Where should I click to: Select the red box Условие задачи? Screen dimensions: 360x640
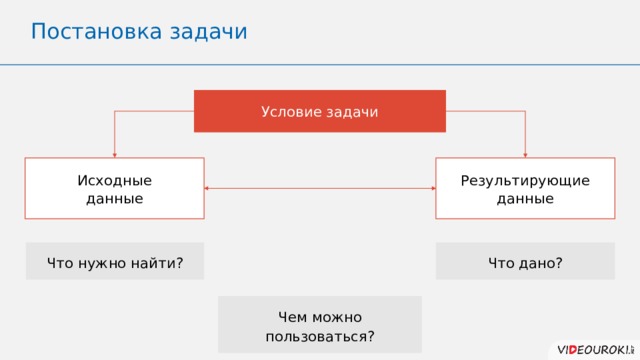319,111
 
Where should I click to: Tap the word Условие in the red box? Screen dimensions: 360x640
291,111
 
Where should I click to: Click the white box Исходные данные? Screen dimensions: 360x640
114,189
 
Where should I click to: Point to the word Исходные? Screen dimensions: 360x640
114,180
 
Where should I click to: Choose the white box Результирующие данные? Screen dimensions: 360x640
525,189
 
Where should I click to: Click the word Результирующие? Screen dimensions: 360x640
525,180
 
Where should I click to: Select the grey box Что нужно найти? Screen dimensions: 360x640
114,262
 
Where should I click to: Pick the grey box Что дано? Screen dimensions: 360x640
525,262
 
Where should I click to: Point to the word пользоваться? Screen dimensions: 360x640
319,335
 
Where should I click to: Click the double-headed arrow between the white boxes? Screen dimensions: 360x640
320,188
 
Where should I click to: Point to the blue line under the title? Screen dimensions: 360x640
320,64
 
